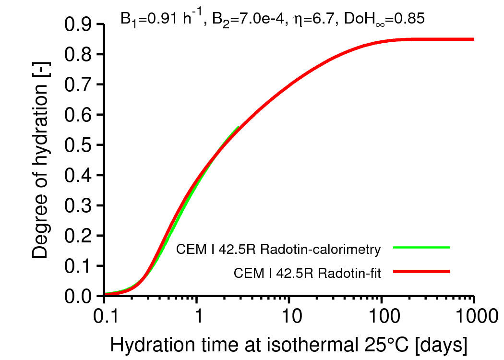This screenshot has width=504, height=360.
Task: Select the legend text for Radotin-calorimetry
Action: tap(278, 250)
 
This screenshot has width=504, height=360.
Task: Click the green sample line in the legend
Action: tap(421, 248)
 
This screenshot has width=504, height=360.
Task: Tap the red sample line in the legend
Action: tap(421, 272)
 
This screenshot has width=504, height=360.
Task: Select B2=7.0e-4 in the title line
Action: tap(243, 20)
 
